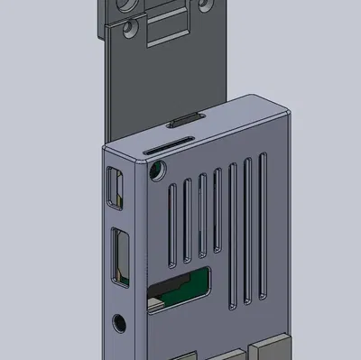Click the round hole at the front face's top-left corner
[x=160, y=170]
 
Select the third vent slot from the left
[x=202, y=217]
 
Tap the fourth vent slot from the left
[x=218, y=213]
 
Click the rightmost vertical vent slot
[x=264, y=226]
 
